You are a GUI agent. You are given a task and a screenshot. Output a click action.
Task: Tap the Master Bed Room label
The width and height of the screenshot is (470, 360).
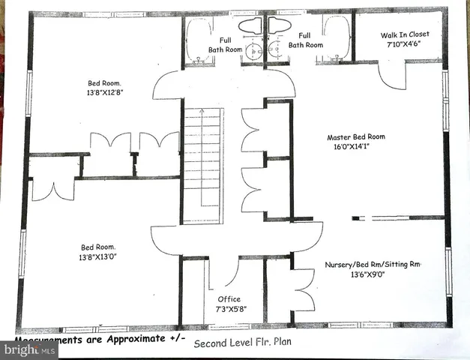coord(356,137)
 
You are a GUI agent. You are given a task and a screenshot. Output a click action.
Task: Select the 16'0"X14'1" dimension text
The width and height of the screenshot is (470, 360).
coord(356,148)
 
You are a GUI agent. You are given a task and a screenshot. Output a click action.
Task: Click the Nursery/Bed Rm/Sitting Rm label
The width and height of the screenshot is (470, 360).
coord(373,265)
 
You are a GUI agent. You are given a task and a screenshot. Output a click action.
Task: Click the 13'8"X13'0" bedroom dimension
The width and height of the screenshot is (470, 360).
coord(104,257)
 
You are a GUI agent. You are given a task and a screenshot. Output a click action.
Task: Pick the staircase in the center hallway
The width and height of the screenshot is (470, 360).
coord(204,165)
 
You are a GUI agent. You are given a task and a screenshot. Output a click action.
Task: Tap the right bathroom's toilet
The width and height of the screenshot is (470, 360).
coord(278,25)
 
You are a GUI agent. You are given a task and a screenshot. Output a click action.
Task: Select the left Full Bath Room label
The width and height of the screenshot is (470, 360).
coord(225,45)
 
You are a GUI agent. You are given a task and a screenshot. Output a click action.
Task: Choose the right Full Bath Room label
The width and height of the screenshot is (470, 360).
coord(305,40)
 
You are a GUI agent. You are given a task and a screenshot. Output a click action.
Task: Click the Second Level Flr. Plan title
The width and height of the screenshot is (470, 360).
coord(241,344)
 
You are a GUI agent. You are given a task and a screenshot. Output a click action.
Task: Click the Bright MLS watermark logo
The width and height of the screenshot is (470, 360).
coord(28,349)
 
